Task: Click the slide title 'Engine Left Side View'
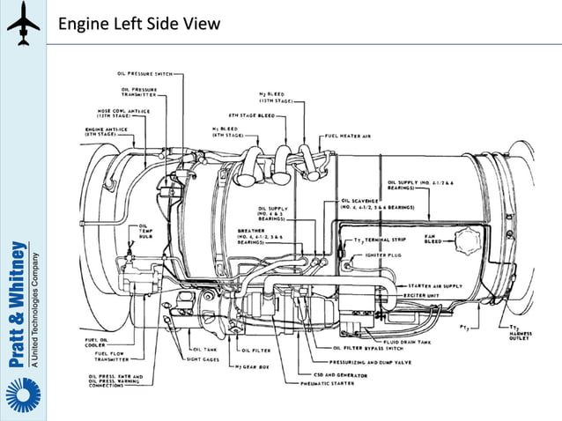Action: pos(138,24)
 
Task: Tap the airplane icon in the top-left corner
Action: pos(23,24)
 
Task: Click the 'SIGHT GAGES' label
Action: pos(204,360)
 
